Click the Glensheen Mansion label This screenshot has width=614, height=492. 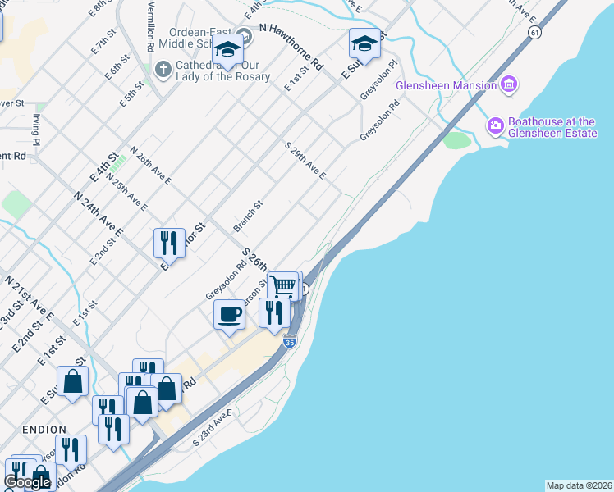[446, 85]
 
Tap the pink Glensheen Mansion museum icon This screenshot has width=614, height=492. [509, 84]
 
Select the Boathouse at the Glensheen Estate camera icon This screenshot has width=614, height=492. [496, 126]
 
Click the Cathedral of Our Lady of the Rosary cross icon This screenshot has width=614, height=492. [163, 70]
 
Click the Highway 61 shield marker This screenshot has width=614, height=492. [535, 32]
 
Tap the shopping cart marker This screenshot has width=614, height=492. [283, 286]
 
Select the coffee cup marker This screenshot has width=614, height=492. [229, 314]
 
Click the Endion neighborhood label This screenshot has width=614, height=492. [39, 429]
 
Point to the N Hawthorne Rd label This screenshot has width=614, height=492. [291, 45]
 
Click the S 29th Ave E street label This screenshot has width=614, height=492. [305, 161]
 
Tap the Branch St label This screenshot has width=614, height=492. [247, 216]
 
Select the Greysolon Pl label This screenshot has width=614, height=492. [379, 80]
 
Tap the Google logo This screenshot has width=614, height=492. [28, 482]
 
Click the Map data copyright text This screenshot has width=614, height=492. [579, 485]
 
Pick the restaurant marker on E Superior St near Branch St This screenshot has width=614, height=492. [169, 242]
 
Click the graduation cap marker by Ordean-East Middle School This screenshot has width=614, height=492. [228, 48]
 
